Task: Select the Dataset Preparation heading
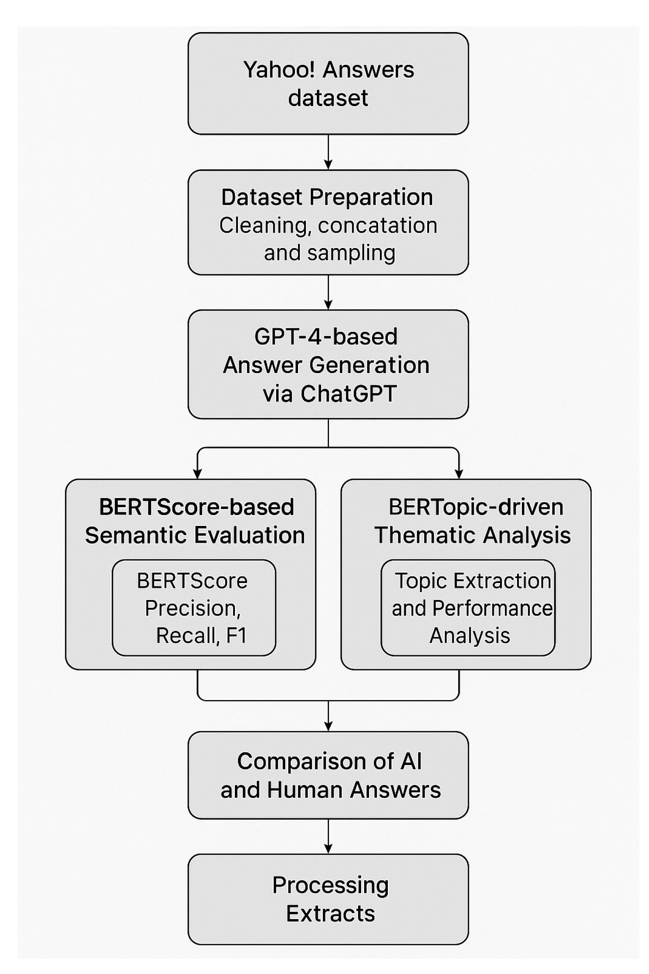327,197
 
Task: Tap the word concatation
377,225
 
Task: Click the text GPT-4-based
326,337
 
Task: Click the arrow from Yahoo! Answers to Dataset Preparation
328,152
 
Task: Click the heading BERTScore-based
196,507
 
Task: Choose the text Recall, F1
202,636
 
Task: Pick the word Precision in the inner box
192,608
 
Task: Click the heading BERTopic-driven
475,507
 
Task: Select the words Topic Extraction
472,581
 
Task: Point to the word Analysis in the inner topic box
469,636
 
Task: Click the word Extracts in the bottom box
330,914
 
